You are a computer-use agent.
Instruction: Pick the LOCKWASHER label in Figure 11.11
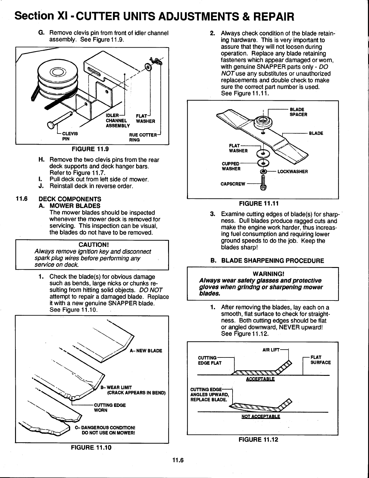pos(292,171)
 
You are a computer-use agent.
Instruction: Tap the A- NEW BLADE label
pos(146,351)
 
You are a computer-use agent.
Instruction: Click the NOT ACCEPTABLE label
pos(261,417)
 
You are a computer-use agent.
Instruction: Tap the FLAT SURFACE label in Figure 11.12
pos(320,360)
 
